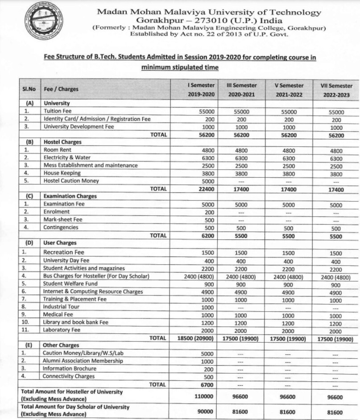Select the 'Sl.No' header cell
point(29,89)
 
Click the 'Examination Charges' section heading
point(70,196)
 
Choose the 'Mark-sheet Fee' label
point(64,220)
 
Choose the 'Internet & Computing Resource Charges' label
point(93,291)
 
